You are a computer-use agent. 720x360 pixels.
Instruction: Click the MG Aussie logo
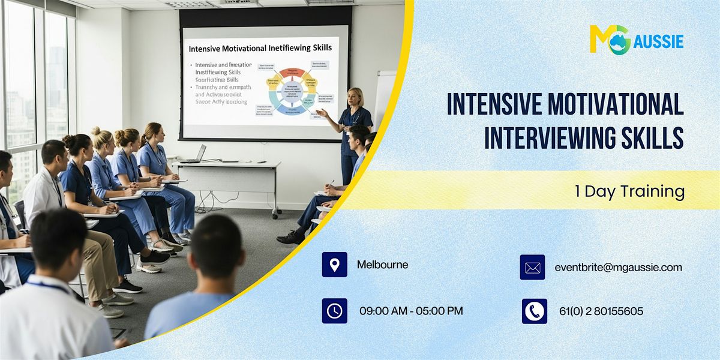[636, 40]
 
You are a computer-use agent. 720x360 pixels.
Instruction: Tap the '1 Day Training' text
[629, 191]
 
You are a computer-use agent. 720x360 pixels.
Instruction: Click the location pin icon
[334, 265]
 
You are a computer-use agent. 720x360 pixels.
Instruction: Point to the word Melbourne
[382, 265]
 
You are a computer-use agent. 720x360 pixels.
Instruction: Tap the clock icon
[334, 311]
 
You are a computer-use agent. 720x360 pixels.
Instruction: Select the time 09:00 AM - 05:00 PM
[411, 311]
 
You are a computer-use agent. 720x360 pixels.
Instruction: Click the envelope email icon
[532, 268]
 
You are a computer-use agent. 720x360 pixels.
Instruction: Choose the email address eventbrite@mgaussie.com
[618, 268]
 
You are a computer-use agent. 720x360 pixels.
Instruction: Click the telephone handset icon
[534, 311]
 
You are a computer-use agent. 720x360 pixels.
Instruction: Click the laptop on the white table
[195, 154]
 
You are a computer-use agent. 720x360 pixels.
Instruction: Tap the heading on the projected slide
[260, 47]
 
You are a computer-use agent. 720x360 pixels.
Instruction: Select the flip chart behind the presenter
[385, 96]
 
